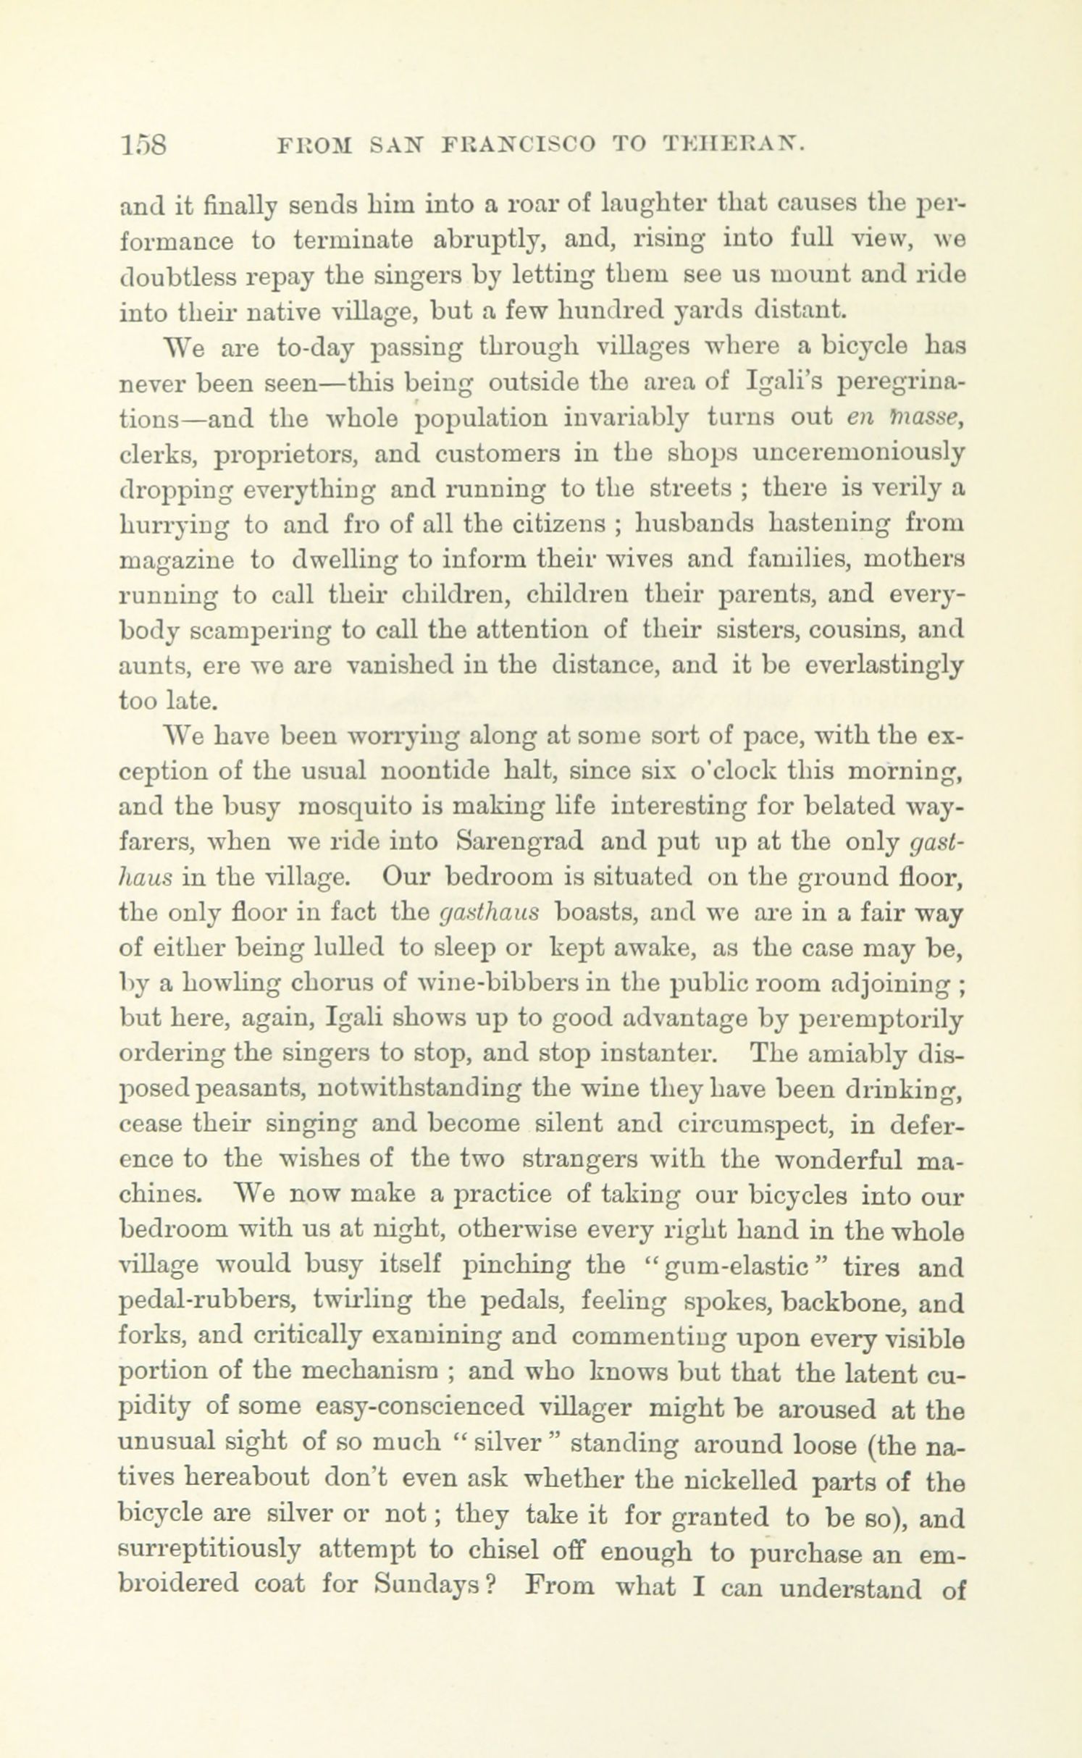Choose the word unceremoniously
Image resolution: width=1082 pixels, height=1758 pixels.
857,453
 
